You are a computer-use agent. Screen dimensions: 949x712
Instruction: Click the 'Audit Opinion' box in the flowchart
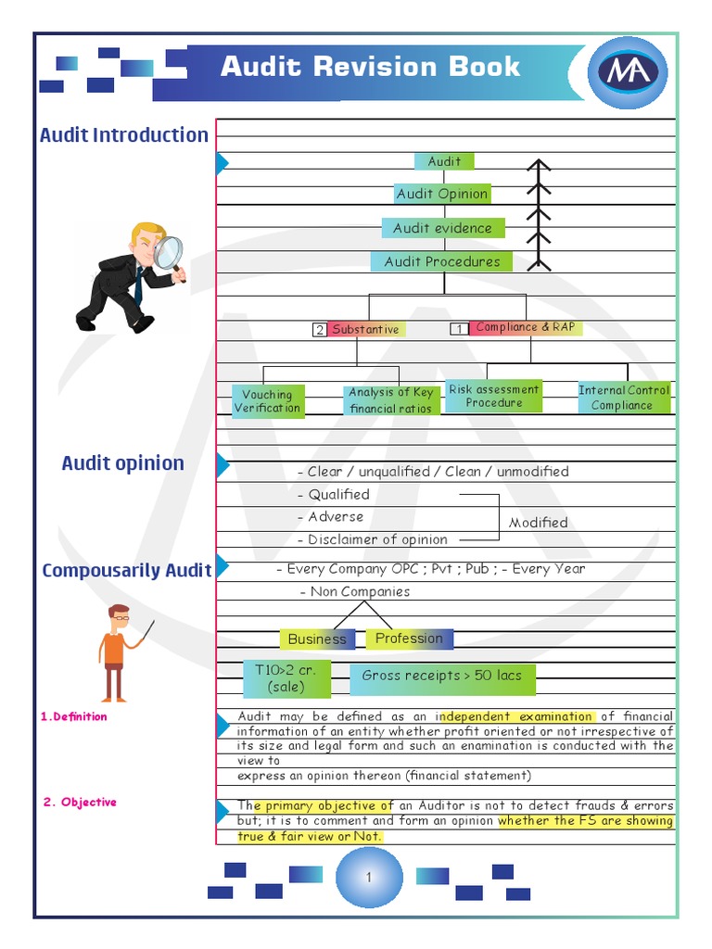[x=442, y=194]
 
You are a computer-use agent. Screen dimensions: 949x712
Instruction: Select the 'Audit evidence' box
[x=443, y=228]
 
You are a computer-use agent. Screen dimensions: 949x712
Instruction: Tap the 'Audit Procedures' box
[x=442, y=261]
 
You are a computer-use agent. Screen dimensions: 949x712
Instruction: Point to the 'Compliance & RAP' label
[x=525, y=327]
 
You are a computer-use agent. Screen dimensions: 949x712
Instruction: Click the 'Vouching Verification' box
[x=267, y=401]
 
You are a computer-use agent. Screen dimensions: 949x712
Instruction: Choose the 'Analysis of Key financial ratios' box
[x=390, y=400]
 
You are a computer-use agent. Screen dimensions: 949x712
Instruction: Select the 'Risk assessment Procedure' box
[x=494, y=397]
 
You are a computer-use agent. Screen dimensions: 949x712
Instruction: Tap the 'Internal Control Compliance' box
[x=623, y=398]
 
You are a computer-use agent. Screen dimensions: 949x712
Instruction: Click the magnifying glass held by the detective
[x=169, y=251]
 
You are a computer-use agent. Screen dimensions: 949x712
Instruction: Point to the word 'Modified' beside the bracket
[x=539, y=523]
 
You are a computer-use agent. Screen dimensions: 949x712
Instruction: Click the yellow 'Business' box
[x=317, y=639]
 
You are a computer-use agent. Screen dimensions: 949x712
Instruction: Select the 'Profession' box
[x=409, y=638]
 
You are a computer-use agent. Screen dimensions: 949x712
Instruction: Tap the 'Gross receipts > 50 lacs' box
[x=442, y=676]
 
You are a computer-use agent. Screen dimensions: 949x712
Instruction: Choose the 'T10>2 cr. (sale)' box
[x=286, y=678]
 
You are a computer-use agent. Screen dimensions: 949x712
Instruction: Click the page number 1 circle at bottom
[x=368, y=877]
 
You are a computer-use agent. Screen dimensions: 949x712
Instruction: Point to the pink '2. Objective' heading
[x=80, y=803]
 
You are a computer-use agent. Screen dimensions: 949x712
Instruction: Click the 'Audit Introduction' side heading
[x=124, y=134]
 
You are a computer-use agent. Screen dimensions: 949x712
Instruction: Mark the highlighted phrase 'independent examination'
[x=516, y=716]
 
